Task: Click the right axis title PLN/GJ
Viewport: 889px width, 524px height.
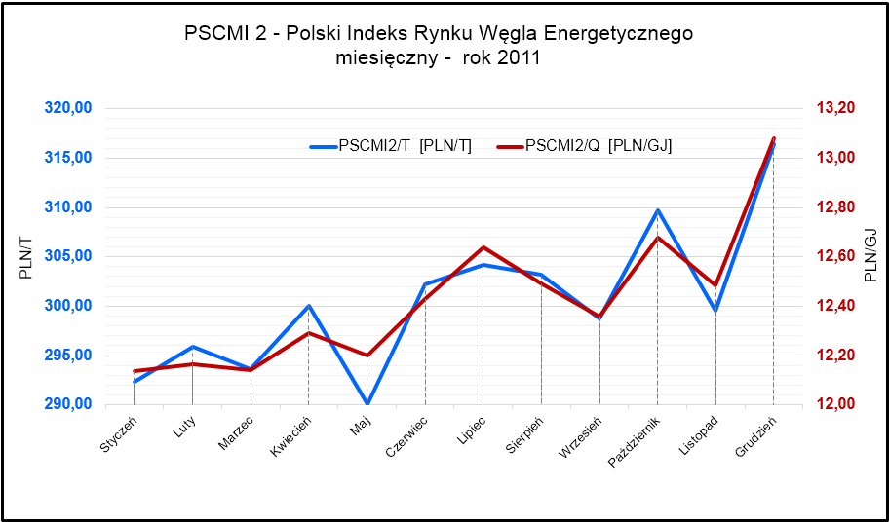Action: point(870,255)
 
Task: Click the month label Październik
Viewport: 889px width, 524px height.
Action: point(637,438)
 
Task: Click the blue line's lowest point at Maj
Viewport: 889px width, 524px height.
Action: point(367,403)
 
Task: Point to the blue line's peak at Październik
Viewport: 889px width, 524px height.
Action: point(658,210)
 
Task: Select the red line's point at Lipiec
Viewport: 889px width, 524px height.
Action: point(483,247)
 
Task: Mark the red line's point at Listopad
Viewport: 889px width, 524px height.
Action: point(715,285)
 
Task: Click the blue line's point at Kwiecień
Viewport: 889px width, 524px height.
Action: point(309,306)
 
